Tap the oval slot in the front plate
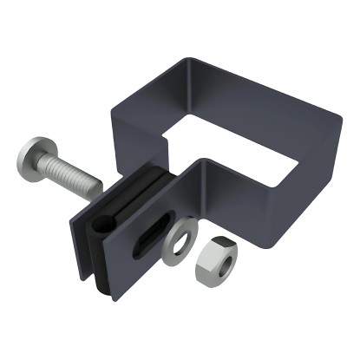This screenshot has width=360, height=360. [x=148, y=235]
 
